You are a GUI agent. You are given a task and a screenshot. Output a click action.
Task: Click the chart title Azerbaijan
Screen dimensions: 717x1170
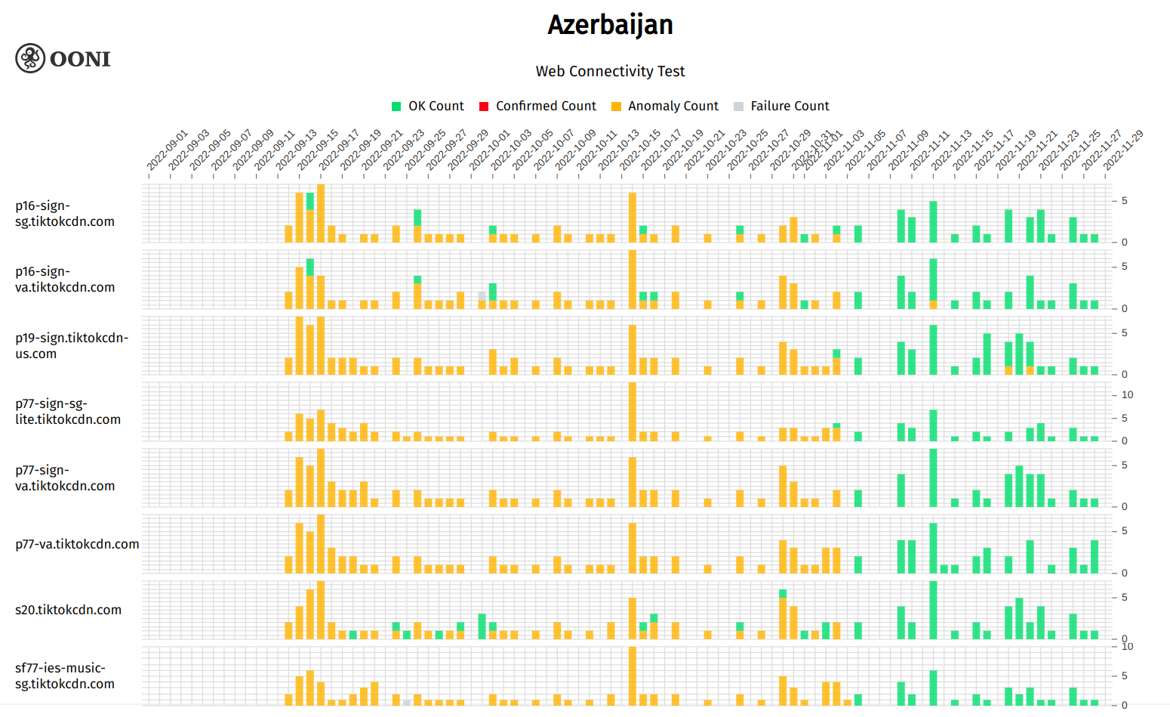click(x=610, y=25)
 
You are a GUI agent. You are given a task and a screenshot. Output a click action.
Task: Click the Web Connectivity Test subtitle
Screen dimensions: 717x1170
click(x=610, y=71)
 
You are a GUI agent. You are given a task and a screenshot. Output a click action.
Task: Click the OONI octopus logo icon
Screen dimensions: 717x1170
click(x=30, y=58)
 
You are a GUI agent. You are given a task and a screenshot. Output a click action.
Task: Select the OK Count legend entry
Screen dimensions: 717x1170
click(x=428, y=107)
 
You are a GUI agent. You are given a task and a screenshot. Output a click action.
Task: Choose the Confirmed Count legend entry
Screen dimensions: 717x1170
click(x=537, y=107)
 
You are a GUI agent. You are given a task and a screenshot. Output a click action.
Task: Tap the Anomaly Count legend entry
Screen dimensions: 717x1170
click(x=664, y=107)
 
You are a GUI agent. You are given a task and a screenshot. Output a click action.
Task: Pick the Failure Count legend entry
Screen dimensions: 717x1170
click(x=781, y=107)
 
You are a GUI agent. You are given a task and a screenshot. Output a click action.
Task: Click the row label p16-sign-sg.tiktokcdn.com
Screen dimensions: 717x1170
click(x=65, y=214)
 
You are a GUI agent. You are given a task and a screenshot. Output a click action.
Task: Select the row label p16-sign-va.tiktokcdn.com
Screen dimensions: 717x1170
click(x=65, y=280)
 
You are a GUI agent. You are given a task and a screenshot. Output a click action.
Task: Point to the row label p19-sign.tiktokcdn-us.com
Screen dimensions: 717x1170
click(x=72, y=345)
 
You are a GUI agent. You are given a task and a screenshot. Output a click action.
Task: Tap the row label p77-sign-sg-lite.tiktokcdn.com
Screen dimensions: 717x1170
click(x=68, y=412)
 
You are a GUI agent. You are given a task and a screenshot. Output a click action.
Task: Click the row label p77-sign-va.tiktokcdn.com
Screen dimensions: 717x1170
click(x=65, y=477)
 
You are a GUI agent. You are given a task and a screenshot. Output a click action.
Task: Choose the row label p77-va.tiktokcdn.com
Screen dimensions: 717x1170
click(x=77, y=544)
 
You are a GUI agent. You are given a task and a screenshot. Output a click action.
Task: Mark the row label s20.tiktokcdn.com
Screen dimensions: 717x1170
click(x=68, y=610)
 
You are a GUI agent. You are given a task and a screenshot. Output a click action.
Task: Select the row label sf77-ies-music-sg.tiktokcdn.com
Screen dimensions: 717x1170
click(x=65, y=676)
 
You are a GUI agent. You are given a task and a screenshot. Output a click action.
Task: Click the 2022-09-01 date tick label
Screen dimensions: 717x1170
click(x=167, y=151)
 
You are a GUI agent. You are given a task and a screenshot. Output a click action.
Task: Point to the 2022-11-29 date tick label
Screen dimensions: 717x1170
click(x=1123, y=150)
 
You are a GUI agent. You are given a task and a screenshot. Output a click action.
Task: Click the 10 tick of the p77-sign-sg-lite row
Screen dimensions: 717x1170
click(x=1127, y=394)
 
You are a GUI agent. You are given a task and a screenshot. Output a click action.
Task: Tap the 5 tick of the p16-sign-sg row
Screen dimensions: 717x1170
click(x=1125, y=200)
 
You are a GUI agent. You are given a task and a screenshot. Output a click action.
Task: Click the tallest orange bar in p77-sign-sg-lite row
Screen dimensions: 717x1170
click(x=633, y=412)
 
